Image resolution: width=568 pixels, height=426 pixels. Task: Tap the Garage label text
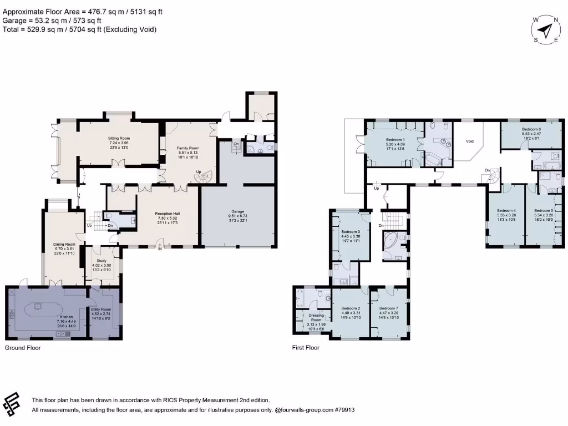(x=237, y=211)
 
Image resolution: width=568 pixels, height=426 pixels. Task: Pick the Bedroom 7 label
(x=388, y=308)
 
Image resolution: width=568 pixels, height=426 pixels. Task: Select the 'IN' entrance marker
(x=161, y=249)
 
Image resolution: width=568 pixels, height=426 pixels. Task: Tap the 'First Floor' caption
(x=306, y=348)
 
